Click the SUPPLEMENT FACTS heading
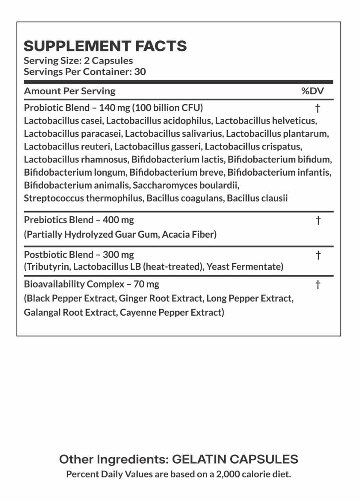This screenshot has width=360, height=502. [x=105, y=46]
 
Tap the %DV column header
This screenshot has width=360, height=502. [x=313, y=91]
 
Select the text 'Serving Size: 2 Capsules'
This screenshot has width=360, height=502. [x=78, y=61]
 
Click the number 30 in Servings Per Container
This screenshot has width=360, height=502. [x=140, y=72]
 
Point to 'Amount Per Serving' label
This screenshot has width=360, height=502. [x=70, y=91]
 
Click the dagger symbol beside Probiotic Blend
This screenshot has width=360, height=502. [x=318, y=107]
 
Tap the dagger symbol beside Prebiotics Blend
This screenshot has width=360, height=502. [x=318, y=220]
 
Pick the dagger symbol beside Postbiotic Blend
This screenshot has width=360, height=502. [x=318, y=255]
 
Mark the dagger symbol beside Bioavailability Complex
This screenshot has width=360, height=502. [x=318, y=284]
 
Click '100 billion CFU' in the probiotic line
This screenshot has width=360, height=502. [x=170, y=107]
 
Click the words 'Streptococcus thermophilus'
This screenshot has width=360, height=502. [x=83, y=198]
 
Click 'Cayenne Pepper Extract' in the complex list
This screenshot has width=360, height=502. [x=171, y=313]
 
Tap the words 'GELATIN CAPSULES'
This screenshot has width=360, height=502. [x=235, y=459]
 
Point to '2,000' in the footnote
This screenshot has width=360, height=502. [x=221, y=474]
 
